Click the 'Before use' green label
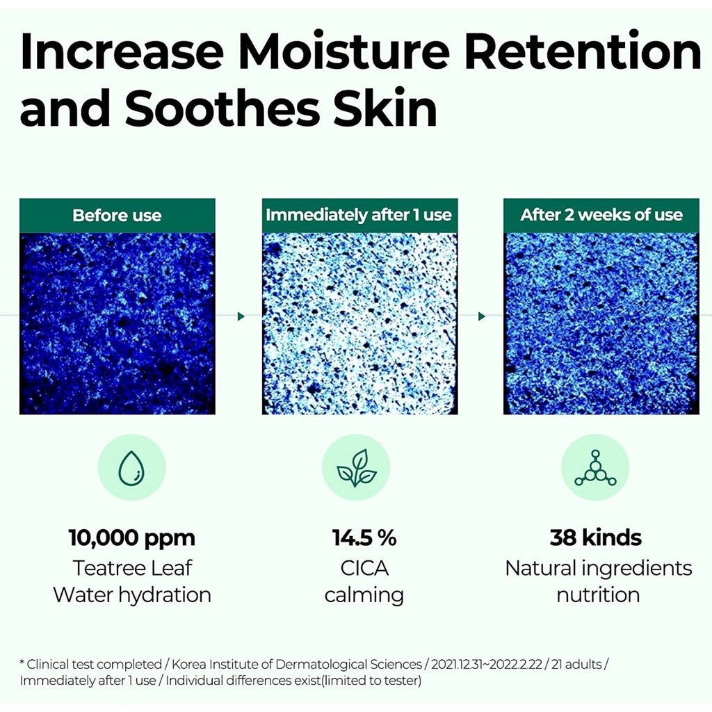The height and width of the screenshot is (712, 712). click(x=117, y=215)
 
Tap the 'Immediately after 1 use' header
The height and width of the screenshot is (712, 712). click(x=359, y=215)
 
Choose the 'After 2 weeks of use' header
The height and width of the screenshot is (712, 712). click(x=601, y=215)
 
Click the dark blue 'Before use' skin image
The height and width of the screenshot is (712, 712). click(x=117, y=323)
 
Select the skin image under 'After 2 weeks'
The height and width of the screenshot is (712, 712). click(x=601, y=323)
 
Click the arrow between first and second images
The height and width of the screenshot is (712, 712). click(x=241, y=316)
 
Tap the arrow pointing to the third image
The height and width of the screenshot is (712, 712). click(x=481, y=316)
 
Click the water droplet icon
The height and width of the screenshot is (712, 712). click(x=131, y=467)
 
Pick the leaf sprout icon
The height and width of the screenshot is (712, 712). click(x=357, y=467)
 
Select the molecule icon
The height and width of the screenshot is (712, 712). click(x=595, y=467)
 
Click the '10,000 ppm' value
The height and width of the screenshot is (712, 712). click(x=131, y=537)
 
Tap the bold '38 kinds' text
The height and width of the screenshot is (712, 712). click(x=596, y=537)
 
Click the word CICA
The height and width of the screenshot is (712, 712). click(x=364, y=568)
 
